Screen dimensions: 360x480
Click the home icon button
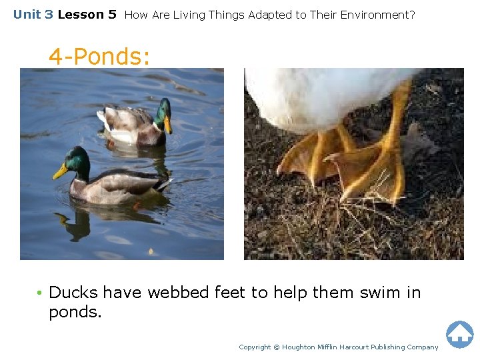click(459, 334)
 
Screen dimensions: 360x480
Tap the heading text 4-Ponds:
click(99, 57)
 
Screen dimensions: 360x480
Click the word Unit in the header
click(27, 14)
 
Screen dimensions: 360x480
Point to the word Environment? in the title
click(381, 14)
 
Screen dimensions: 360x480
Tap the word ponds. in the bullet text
click(75, 312)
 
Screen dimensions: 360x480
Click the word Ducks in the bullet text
click(73, 292)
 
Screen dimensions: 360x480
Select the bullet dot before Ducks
click(40, 293)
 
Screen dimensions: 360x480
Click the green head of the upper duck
click(162, 108)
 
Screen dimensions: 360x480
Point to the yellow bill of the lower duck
click(61, 172)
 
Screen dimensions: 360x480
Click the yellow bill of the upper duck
click(167, 125)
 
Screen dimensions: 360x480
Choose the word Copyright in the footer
click(255, 347)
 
